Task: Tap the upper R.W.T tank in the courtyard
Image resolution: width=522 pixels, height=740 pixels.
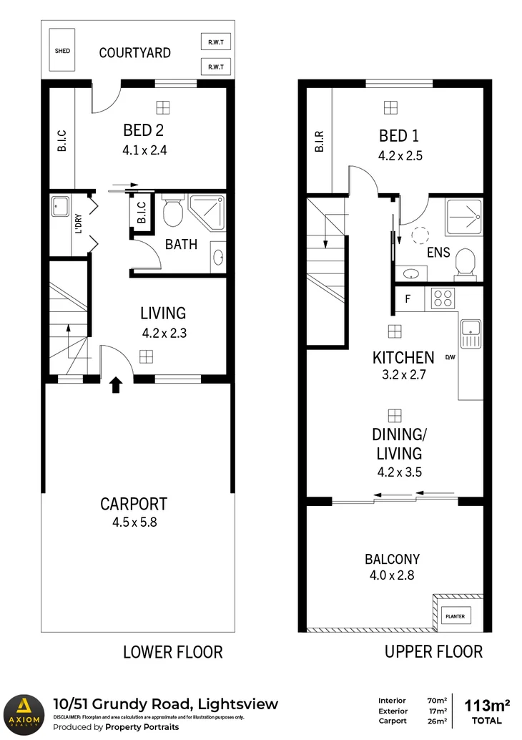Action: pos(215,42)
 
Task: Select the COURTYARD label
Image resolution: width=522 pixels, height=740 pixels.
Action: pos(134,52)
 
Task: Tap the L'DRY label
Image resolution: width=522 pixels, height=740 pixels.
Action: pos(79,224)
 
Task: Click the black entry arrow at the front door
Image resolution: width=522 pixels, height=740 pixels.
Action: pos(115,387)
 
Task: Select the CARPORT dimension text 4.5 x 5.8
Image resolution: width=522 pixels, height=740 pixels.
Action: pos(134,522)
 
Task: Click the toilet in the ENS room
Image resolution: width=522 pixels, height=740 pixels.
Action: pos(464,263)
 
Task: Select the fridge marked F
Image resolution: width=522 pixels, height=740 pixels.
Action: pos(408,298)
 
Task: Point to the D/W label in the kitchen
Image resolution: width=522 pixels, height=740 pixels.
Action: pos(450,357)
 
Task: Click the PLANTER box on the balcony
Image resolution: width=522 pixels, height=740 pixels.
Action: pos(455,615)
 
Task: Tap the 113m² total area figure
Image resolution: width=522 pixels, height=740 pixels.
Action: pos(487,705)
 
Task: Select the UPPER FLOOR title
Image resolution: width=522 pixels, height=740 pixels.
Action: pos(433,652)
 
